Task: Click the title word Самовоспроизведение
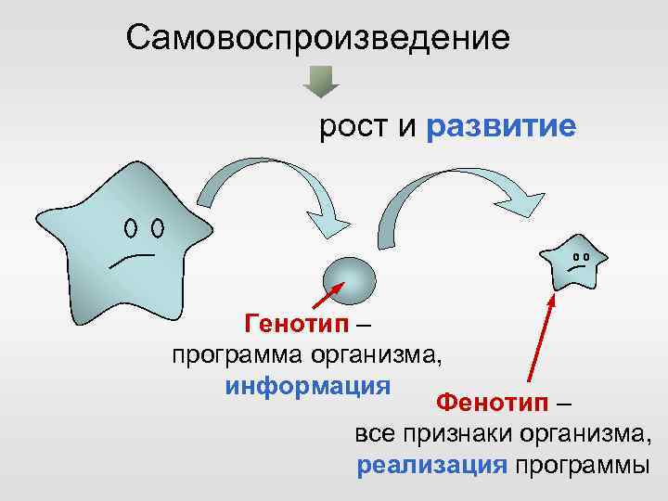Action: click(318, 38)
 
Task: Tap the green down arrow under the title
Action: click(322, 82)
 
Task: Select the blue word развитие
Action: click(501, 128)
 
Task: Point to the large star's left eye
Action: click(132, 227)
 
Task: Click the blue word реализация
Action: click(432, 465)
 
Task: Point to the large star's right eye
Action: click(158, 227)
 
